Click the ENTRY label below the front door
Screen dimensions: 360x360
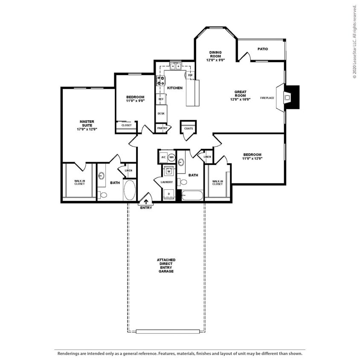tap(146, 208)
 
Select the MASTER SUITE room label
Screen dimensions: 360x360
tap(87, 125)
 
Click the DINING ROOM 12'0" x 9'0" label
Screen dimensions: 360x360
tap(215, 56)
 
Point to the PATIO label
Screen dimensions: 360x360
tap(263, 49)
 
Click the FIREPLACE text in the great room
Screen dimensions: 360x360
tap(267, 98)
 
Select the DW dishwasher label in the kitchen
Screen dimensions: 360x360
tap(190, 75)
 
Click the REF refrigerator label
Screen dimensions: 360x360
tap(161, 99)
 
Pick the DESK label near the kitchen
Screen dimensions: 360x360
tap(161, 113)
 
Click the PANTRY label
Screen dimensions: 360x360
tap(162, 128)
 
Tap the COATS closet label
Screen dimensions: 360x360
tap(189, 128)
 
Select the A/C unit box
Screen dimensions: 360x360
tap(163, 157)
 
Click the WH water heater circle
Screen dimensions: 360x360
tap(171, 157)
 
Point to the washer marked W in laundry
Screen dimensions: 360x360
tap(168, 172)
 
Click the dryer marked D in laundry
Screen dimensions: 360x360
tap(168, 194)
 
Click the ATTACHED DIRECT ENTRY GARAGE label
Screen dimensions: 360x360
tap(166, 265)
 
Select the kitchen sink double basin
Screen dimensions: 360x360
tap(175, 66)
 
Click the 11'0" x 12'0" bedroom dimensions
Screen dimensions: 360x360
tap(253, 158)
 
